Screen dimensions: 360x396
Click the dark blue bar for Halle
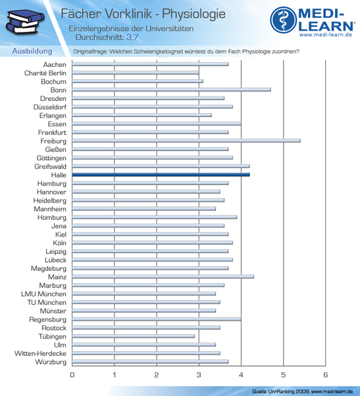(x=161, y=175)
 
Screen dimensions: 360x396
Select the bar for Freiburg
(x=186, y=141)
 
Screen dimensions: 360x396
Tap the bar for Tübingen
(x=133, y=336)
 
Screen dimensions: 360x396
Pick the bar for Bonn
(x=172, y=89)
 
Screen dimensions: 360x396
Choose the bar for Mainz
(x=163, y=277)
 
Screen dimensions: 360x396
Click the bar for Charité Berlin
(x=136, y=73)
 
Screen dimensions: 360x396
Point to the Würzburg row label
(x=51, y=362)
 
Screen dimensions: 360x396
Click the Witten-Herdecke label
(x=40, y=354)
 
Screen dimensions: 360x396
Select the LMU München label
(x=44, y=294)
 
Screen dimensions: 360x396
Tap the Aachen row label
(x=55, y=65)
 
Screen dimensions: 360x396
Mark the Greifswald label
(x=50, y=166)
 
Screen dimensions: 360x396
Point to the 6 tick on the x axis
(x=325, y=375)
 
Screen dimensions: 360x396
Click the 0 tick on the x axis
(x=72, y=375)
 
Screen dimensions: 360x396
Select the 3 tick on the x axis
(x=199, y=375)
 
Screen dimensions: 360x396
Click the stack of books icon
(x=25, y=22)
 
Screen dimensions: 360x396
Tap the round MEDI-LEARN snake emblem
(x=283, y=20)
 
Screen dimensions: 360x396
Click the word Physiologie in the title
(x=194, y=14)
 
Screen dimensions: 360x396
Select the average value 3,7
(x=132, y=37)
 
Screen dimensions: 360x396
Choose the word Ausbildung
(x=32, y=51)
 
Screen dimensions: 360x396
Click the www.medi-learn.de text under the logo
(x=325, y=35)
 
